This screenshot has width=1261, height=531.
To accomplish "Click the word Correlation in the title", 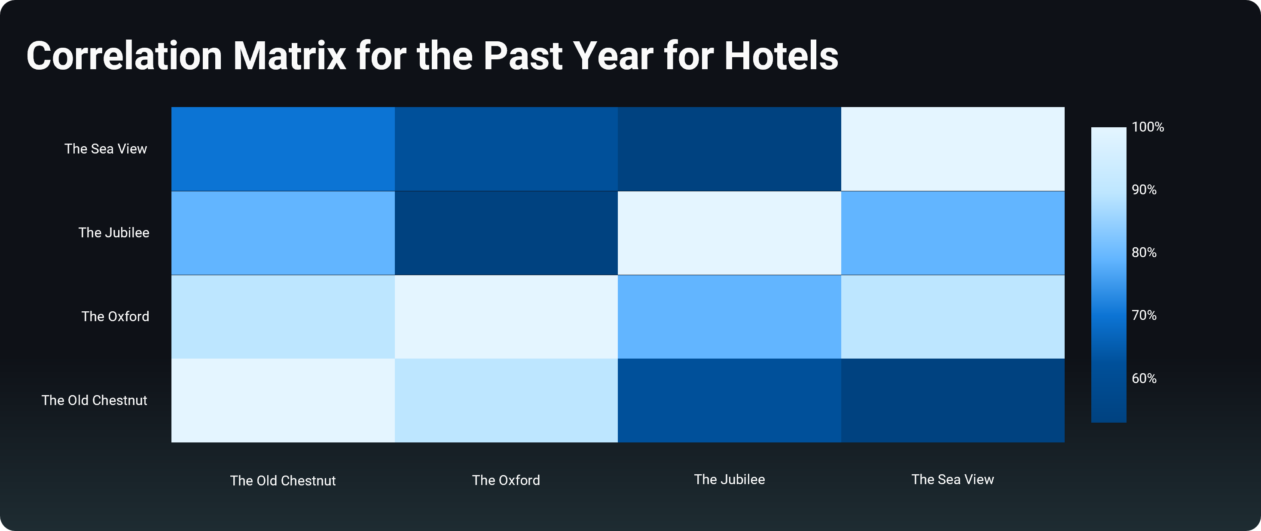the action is pyautogui.click(x=124, y=56).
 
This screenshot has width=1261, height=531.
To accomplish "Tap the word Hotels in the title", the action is pyautogui.click(x=781, y=56).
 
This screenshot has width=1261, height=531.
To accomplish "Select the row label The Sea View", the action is pyautogui.click(x=106, y=149).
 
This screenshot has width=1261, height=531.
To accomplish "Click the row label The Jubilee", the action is pyautogui.click(x=114, y=233).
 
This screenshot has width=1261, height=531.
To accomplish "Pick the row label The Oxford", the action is pyautogui.click(x=116, y=316).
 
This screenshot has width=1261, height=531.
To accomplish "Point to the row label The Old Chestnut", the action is pyautogui.click(x=95, y=400).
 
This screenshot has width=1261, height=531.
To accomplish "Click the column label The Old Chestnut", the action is pyautogui.click(x=283, y=481).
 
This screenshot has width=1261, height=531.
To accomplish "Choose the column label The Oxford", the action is pyautogui.click(x=506, y=480).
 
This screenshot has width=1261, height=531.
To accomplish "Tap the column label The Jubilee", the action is pyautogui.click(x=730, y=479).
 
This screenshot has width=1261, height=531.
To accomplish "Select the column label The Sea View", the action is pyautogui.click(x=953, y=479).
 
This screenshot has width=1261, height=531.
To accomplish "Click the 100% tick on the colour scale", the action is pyautogui.click(x=1148, y=127).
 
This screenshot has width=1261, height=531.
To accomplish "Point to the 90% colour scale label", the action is pyautogui.click(x=1144, y=190).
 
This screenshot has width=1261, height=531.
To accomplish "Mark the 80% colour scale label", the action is pyautogui.click(x=1144, y=252).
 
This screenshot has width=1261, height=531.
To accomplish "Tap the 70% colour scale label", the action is pyautogui.click(x=1144, y=315).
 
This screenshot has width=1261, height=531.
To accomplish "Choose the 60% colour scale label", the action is pyautogui.click(x=1144, y=378).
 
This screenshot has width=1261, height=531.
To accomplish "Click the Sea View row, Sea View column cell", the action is pyautogui.click(x=953, y=149).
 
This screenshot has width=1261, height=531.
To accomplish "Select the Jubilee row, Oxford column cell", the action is pyautogui.click(x=506, y=233).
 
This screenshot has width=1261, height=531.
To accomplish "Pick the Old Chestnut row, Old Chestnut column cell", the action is pyautogui.click(x=283, y=400).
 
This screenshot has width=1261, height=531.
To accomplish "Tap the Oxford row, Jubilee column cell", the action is pyautogui.click(x=730, y=316).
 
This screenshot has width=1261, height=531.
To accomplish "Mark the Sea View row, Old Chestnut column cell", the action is pyautogui.click(x=283, y=149).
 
